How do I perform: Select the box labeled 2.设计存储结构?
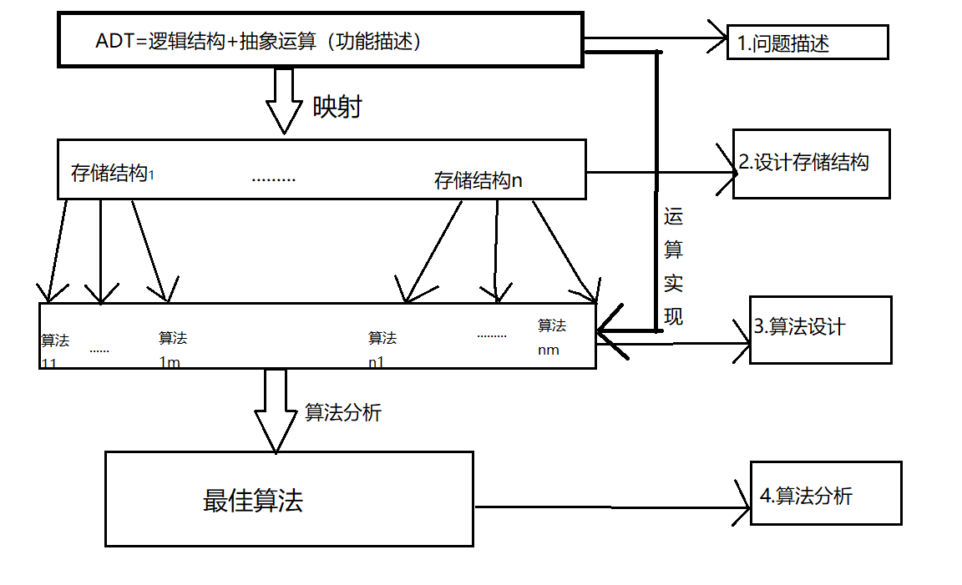point(811,164)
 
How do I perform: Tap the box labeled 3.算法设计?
point(820,330)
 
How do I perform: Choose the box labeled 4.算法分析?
point(825,493)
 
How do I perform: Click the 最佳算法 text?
point(253,501)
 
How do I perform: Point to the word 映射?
point(337,107)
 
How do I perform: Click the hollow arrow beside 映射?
point(283,100)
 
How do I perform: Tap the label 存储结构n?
point(478,180)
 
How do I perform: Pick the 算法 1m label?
point(172,349)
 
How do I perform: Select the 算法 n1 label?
point(382,349)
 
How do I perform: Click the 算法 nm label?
point(551,337)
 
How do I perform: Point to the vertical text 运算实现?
point(673,267)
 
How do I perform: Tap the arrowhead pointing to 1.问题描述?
point(720,38)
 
